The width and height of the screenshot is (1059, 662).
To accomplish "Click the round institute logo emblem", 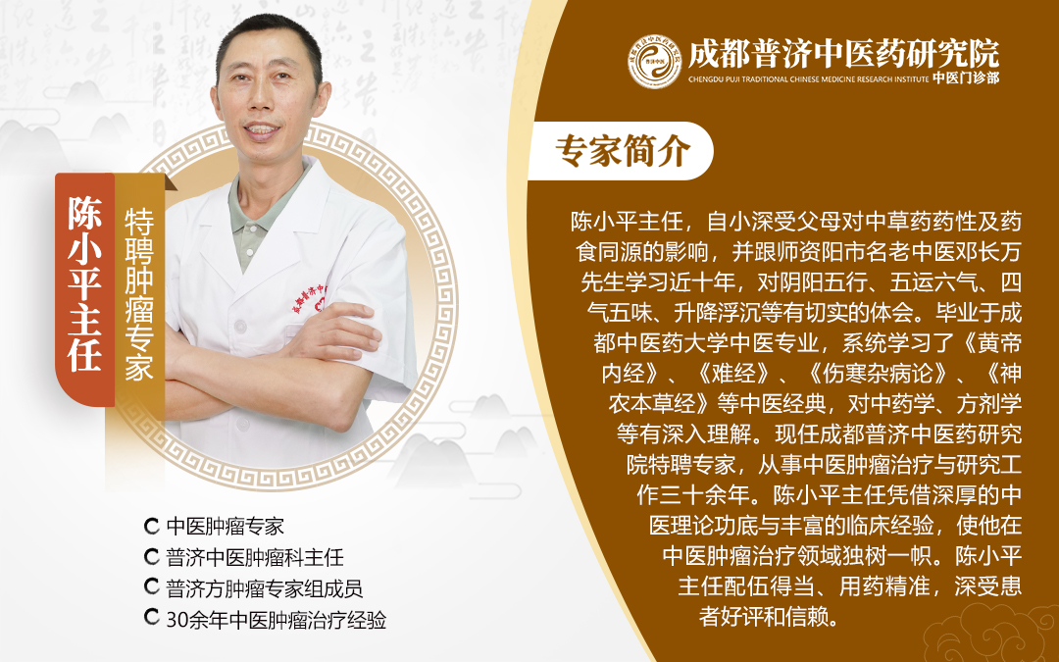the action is [654, 62].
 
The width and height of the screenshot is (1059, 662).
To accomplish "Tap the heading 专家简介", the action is [622, 150].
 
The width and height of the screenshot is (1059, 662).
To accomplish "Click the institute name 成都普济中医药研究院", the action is [843, 53].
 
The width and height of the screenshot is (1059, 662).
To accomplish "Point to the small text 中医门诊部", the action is [966, 78].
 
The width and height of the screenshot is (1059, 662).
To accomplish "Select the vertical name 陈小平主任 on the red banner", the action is [84, 283].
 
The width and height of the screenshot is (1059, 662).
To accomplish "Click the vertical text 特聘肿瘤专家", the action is [140, 294].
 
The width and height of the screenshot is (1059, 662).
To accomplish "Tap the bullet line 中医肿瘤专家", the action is [225, 527].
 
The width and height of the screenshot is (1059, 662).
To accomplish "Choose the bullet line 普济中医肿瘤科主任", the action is [255, 557].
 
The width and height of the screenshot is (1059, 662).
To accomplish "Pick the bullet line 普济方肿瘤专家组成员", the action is [264, 588].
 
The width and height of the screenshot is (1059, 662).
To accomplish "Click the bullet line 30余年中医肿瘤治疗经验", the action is [277, 620].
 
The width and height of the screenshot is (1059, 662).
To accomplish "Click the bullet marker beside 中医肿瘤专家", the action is [152, 526].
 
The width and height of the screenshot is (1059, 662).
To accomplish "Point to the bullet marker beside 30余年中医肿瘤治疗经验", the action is [152, 617].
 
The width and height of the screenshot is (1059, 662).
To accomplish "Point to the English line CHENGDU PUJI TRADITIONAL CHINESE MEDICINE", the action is [808, 79].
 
